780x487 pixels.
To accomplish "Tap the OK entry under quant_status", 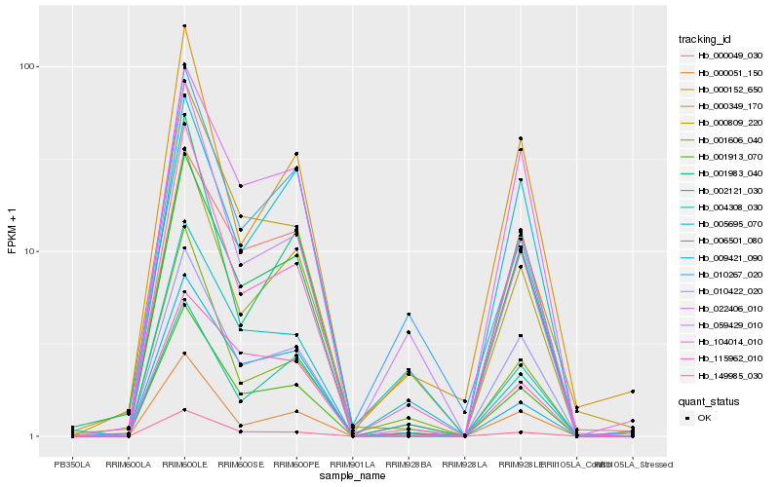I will click(704, 418).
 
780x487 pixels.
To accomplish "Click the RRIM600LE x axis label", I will click(184, 464).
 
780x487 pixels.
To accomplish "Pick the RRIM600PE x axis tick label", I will click(296, 464).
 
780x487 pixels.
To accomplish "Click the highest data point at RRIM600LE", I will click(184, 26).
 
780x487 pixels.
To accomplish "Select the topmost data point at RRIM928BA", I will click(409, 315).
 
